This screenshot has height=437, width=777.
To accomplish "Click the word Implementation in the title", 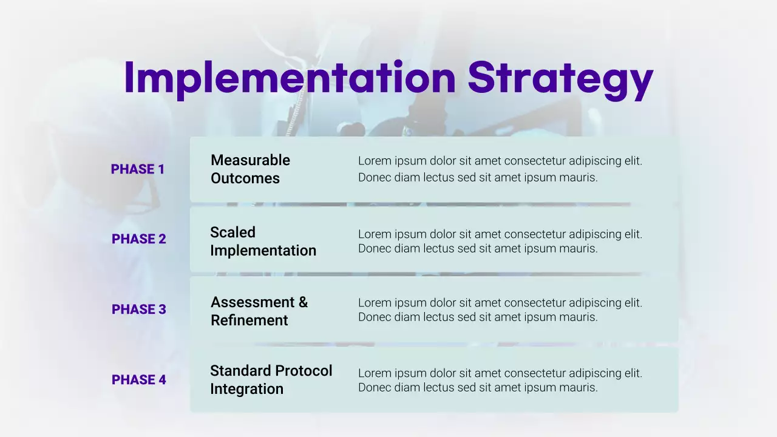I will [290, 78].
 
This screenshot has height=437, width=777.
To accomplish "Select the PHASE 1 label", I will [138, 169].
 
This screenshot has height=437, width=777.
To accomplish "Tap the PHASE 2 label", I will [138, 239].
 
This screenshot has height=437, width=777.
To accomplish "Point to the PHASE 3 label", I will [138, 310].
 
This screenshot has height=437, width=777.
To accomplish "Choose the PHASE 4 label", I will [138, 380].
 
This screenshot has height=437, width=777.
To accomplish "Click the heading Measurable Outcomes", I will [250, 169].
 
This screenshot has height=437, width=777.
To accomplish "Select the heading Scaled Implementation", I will [263, 241].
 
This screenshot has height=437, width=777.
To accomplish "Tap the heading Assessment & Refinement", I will [259, 311].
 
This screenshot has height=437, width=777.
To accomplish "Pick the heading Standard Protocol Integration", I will [271, 379].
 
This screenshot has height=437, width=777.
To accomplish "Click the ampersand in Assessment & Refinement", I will [303, 302].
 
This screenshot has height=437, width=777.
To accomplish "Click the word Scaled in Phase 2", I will [232, 232].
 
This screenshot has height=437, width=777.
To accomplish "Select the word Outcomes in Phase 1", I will [245, 178].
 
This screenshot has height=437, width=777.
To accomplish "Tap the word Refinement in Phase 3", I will [249, 320].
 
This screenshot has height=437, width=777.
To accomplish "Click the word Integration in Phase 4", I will [246, 389].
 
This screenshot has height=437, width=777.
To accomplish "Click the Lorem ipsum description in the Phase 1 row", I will [500, 169].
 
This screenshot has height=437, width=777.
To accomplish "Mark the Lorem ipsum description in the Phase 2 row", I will [500, 241].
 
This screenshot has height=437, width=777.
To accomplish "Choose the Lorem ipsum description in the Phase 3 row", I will [500, 310].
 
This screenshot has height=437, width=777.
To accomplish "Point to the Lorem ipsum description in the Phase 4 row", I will [500, 380].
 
